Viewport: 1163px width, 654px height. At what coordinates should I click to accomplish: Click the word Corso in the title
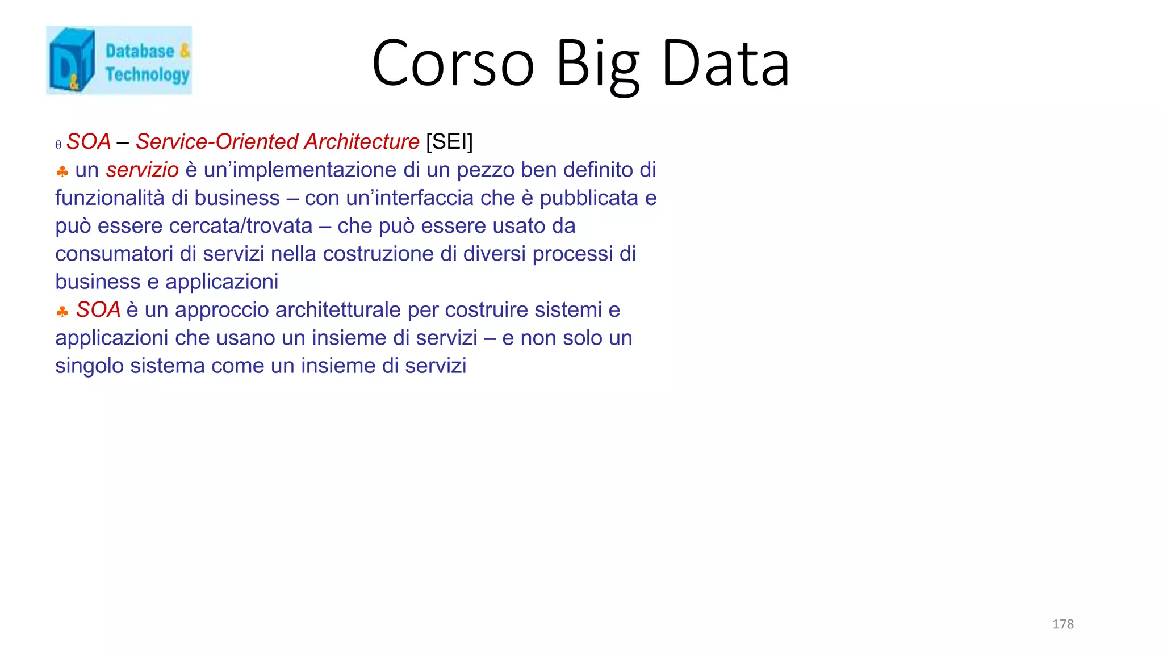(453, 63)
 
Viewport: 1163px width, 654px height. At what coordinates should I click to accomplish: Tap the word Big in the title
(598, 64)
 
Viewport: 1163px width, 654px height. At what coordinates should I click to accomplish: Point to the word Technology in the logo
(147, 74)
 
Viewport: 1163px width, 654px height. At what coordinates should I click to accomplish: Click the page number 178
(1062, 624)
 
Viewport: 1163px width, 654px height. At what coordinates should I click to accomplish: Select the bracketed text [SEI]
(449, 142)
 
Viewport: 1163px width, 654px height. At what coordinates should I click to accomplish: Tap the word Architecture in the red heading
(362, 142)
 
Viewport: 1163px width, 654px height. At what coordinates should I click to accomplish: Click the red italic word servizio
(142, 170)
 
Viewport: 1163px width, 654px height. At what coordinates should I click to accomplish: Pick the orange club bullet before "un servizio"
(62, 171)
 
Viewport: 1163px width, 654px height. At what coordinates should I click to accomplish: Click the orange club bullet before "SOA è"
(62, 311)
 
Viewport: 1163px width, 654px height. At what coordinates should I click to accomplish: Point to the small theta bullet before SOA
(58, 145)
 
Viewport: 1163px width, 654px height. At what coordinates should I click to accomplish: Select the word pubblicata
(589, 198)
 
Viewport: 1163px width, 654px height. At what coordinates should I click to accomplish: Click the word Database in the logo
(140, 51)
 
